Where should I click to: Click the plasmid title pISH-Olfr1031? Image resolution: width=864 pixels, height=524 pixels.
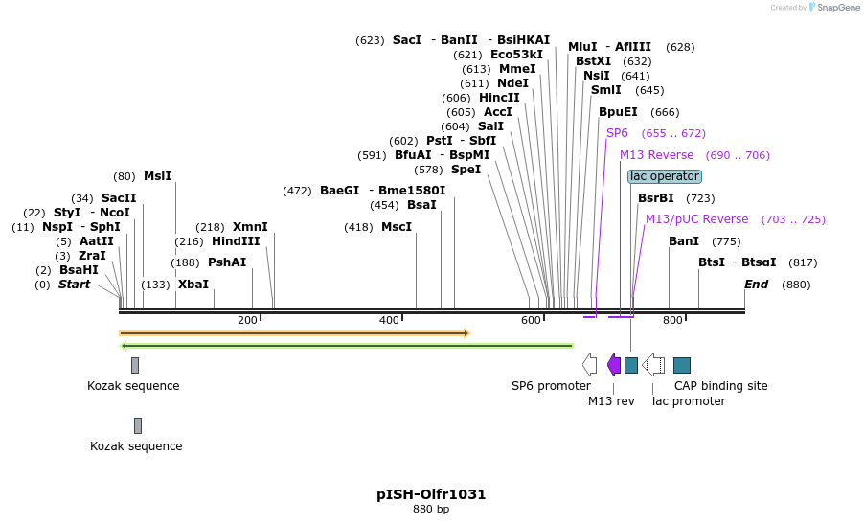pos(431,494)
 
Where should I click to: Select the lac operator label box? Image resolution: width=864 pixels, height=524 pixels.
pos(665,176)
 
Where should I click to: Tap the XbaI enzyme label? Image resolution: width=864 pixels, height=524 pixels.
pos(193,285)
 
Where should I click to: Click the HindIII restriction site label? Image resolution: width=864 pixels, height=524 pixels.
pos(236,241)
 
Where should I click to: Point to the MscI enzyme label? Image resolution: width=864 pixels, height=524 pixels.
pos(396,227)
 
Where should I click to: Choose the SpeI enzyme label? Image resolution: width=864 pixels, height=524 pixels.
pos(466,170)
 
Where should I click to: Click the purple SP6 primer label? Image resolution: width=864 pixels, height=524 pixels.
pos(617,133)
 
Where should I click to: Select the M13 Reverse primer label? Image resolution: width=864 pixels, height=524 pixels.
pos(656,155)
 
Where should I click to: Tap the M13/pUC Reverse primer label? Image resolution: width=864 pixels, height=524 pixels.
pos(696,219)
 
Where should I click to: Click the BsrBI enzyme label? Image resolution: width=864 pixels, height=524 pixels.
pos(655,198)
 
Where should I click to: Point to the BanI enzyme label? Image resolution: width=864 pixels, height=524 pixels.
pos(684,241)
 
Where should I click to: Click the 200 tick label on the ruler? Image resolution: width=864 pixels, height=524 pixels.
pos(247,320)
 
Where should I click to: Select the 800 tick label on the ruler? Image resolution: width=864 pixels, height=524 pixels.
pos(672,320)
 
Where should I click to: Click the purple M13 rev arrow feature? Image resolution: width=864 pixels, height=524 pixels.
pos(614,365)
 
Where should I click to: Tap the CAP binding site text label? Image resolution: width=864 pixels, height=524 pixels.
pos(720,386)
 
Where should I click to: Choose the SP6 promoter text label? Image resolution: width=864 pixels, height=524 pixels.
pos(551,386)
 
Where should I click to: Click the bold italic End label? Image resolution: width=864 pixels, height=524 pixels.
pos(757,285)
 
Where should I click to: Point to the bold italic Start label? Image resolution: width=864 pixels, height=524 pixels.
pos(74,285)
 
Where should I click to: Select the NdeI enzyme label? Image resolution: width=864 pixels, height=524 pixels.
pos(512,83)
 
